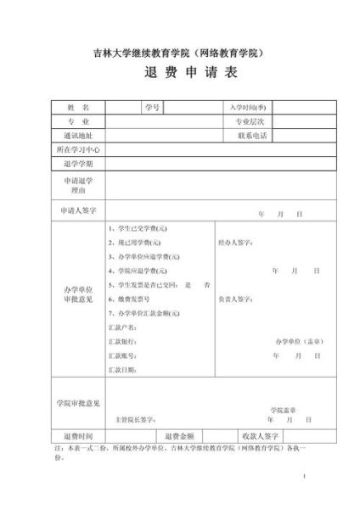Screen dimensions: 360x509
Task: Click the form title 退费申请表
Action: (179, 74)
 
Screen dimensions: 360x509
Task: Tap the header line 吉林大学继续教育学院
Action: (179, 53)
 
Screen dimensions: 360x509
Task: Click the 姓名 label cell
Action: (77, 108)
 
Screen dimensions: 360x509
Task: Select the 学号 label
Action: (152, 108)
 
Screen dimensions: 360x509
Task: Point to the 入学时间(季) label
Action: (248, 108)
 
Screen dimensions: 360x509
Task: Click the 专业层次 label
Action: (251, 121)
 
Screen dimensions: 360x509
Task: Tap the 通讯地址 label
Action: (77, 135)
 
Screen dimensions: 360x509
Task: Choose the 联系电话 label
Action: (251, 135)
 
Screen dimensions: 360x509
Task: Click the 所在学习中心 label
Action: (77, 149)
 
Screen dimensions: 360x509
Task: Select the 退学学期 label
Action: (77, 163)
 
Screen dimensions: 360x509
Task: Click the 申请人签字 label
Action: (77, 209)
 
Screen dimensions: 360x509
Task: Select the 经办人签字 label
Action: (235, 243)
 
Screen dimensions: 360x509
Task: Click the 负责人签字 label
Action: (235, 299)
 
